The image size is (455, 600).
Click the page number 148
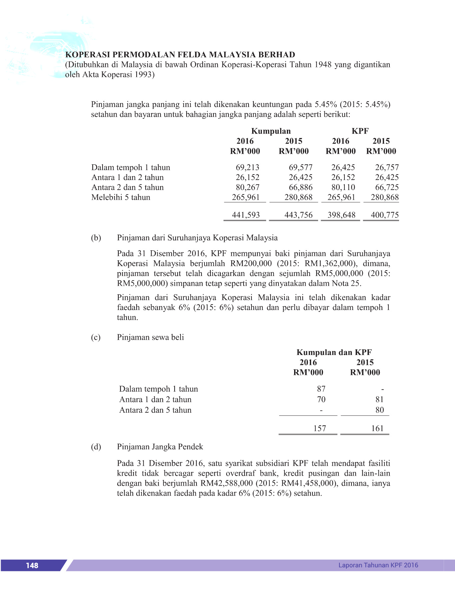32,565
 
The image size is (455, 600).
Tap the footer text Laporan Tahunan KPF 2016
378,565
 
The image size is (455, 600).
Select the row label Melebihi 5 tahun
121,197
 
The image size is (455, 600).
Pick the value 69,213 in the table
247,167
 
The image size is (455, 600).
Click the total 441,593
246,215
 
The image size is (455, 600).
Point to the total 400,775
385,215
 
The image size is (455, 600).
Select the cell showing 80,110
343,187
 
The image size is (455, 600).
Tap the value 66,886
300,187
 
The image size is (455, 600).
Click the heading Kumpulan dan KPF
334,352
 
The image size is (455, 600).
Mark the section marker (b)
96,238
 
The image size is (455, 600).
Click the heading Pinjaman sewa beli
150,337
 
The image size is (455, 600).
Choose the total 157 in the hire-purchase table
319,428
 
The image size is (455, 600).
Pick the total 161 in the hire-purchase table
377,428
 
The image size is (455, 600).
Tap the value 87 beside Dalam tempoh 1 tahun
321,389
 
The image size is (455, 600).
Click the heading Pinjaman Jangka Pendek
160,447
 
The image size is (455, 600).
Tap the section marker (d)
96,447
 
